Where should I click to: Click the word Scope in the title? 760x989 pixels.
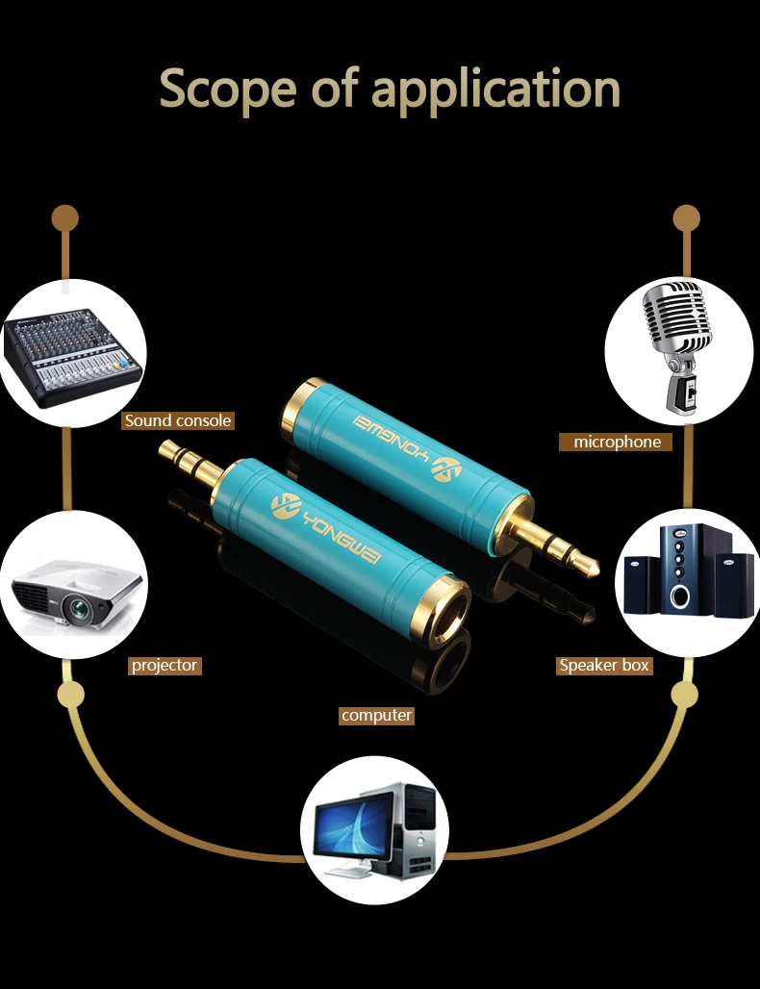[x=223, y=89]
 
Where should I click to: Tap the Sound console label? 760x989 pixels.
[x=178, y=420]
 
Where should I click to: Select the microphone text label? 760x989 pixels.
[x=617, y=442]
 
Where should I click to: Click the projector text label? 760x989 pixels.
[x=165, y=665]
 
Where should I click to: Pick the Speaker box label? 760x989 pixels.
[x=604, y=665]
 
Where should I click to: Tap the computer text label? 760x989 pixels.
[x=376, y=715]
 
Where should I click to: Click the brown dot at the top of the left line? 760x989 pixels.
[x=64, y=217]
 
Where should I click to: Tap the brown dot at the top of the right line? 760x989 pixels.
[x=686, y=217]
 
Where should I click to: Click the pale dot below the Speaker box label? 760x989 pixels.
[x=685, y=695]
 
